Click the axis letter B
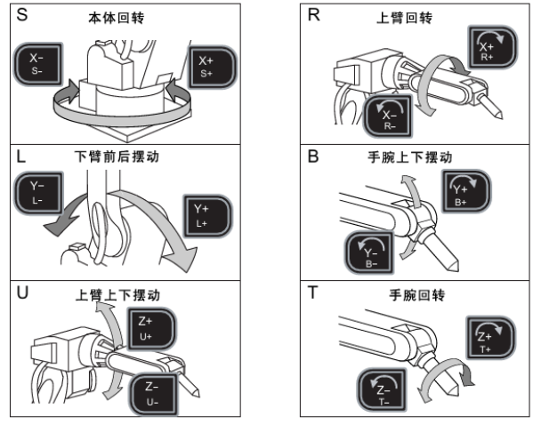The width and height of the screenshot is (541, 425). click(312, 153)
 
